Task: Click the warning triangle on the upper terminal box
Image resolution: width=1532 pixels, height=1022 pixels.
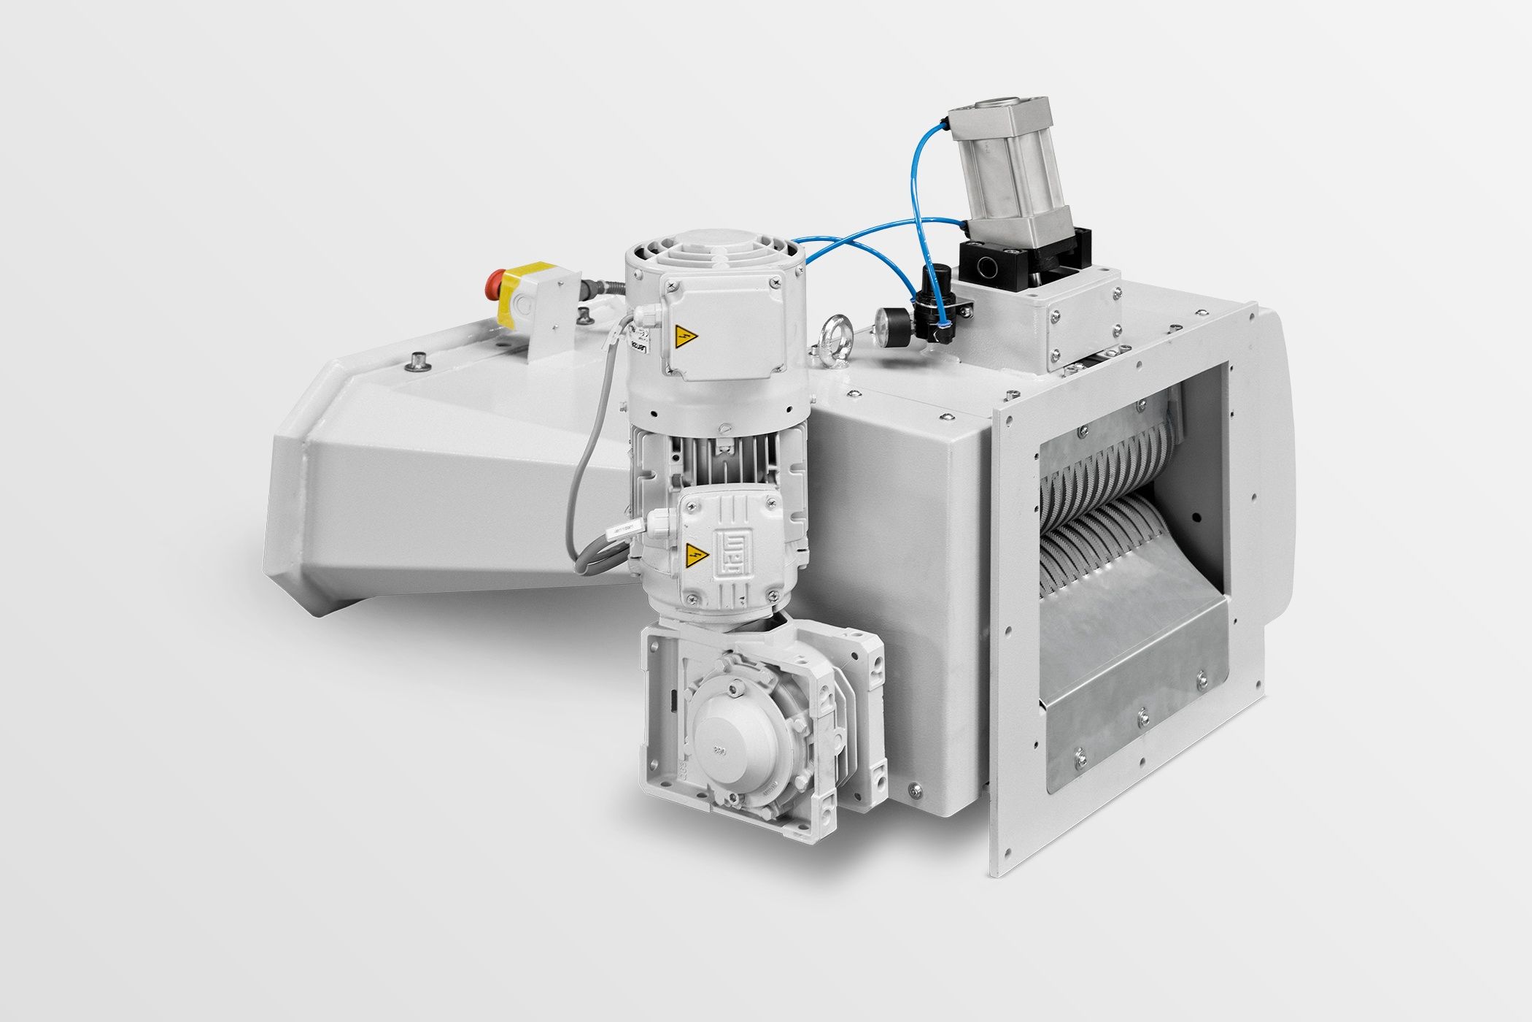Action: [x=685, y=337]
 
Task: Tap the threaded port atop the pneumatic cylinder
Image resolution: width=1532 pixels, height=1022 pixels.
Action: [x=1002, y=107]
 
